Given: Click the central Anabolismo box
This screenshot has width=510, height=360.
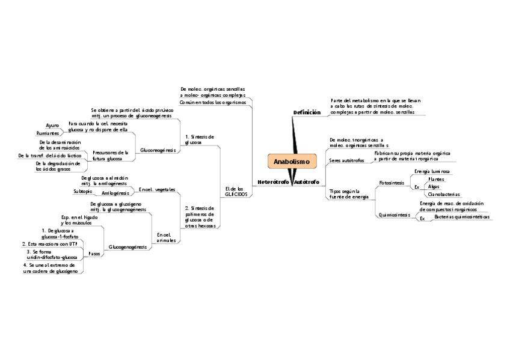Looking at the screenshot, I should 291,162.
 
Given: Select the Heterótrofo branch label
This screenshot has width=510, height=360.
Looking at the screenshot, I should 273,182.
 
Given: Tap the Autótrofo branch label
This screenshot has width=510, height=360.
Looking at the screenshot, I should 307,182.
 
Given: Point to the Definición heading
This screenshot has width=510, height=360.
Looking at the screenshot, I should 307,112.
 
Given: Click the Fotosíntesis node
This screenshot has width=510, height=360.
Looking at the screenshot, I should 392,182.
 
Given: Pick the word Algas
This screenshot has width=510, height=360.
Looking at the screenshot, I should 433,186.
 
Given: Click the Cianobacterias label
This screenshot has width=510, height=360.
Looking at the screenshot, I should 443,194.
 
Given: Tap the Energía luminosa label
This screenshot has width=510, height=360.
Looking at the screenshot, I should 432,172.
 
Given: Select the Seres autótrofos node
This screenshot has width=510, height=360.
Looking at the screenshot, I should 346,161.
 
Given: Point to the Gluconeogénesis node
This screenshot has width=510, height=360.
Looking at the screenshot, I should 158,150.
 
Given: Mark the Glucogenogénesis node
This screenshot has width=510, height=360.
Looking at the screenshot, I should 128,247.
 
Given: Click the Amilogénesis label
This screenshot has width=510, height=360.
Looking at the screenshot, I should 115,193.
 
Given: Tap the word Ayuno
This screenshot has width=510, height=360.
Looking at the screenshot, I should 52,125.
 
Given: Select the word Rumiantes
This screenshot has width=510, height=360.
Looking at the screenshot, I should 48,133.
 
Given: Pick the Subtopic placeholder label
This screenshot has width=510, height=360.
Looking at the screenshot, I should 82,191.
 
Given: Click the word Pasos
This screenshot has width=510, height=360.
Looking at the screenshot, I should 94,254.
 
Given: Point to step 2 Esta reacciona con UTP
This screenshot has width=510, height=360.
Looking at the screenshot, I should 54,243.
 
